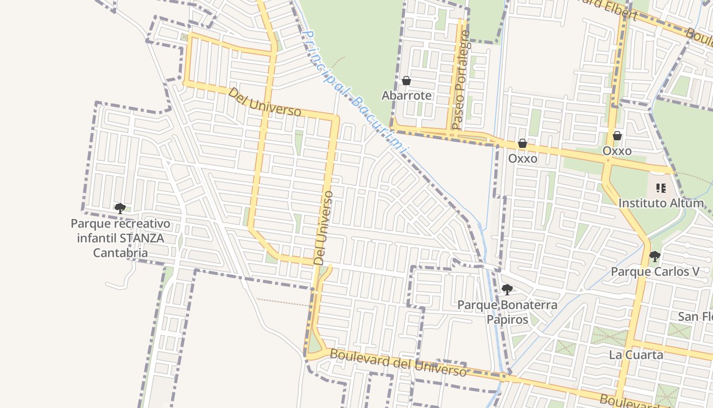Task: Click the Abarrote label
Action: [406, 95]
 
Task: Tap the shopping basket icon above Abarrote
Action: [406, 81]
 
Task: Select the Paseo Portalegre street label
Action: [461, 79]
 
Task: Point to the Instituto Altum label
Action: [661, 203]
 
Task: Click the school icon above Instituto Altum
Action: [661, 188]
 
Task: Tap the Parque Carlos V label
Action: [655, 271]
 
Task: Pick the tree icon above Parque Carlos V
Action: [654, 256]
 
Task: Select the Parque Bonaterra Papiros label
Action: [507, 312]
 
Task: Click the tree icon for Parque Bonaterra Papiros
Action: [507, 290]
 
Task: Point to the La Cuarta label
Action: [636, 354]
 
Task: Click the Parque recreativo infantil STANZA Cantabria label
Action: [121, 238]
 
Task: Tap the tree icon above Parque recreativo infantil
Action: [120, 208]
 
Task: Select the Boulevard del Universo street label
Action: [398, 362]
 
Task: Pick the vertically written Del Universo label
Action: [324, 227]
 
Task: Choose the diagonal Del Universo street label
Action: [264, 102]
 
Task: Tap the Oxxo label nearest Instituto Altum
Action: [617, 151]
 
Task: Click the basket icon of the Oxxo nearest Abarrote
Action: [522, 144]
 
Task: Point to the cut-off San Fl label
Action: [695, 317]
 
